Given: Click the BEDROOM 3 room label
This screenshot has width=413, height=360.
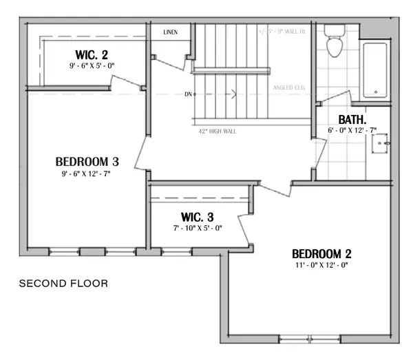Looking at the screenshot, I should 87,162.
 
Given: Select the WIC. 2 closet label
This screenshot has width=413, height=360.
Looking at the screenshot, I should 91,54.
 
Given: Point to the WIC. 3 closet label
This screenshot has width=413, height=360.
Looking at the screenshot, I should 196,215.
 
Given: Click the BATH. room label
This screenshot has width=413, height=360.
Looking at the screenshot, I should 351,118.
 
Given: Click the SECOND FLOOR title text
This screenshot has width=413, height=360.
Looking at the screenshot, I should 63,283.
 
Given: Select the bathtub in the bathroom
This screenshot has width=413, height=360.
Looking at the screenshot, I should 376,69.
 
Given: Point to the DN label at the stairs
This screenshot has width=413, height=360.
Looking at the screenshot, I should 187,94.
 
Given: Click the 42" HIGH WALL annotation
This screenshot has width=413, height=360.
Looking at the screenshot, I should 217,131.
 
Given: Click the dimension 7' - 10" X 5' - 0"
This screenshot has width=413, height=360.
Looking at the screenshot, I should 197,228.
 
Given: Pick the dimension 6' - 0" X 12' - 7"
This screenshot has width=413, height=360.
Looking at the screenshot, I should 352,130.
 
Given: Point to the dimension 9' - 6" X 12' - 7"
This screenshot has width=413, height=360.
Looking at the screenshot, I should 85,174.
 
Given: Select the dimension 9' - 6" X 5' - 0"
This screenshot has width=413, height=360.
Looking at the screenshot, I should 91,65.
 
